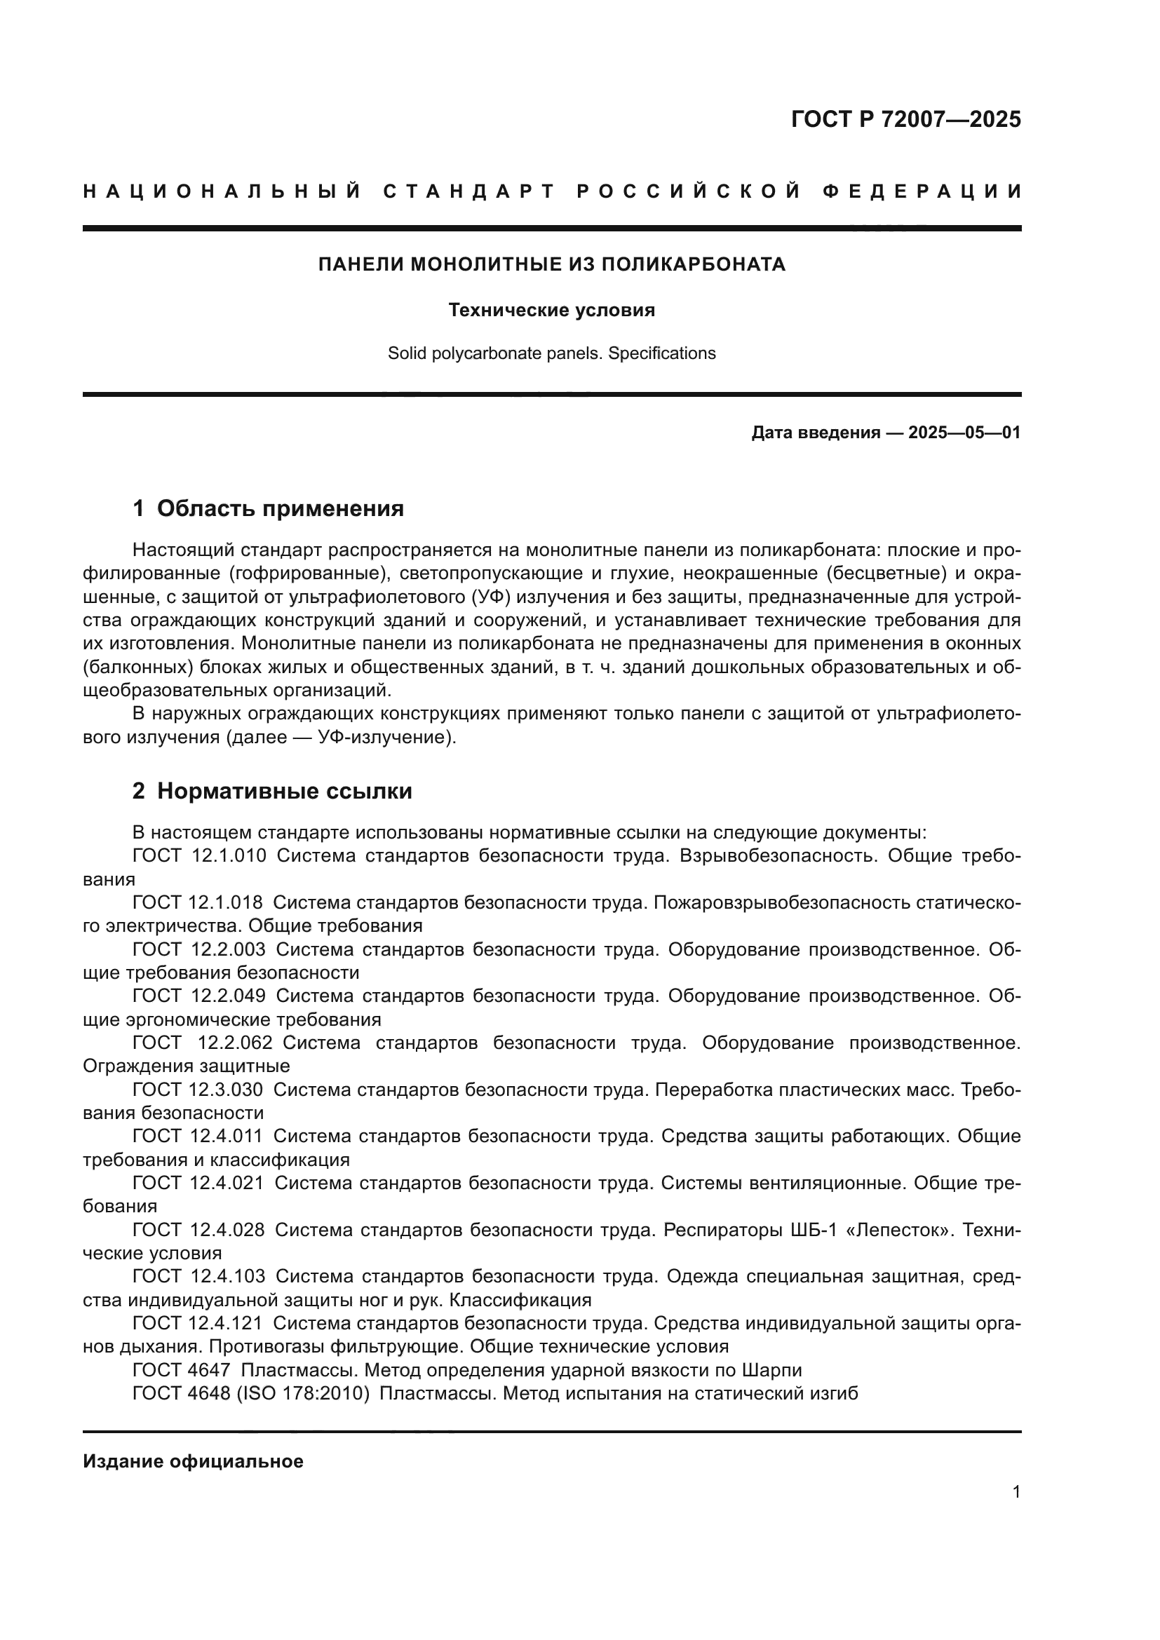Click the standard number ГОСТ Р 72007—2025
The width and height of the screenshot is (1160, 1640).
click(x=905, y=119)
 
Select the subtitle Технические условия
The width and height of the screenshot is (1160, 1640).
click(x=551, y=311)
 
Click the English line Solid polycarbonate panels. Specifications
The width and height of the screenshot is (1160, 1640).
click(x=551, y=353)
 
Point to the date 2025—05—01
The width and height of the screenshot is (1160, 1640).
click(x=964, y=433)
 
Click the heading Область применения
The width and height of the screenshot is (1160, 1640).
click(x=280, y=508)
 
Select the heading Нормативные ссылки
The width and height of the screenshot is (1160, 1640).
click(x=284, y=792)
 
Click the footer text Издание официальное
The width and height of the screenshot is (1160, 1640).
click(x=193, y=1462)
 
